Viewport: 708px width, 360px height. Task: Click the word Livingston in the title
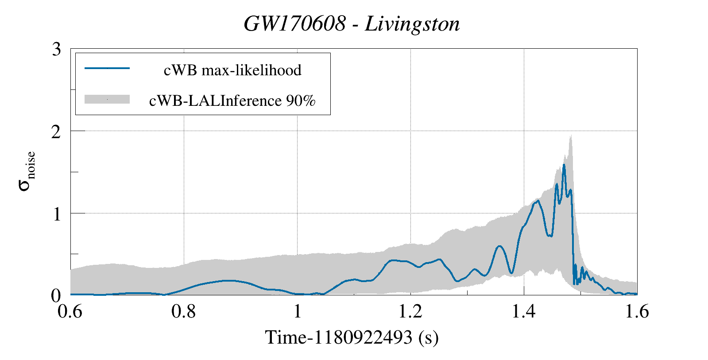(x=412, y=24)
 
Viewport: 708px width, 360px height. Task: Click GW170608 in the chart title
(x=294, y=24)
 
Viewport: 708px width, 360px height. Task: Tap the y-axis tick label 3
(x=56, y=49)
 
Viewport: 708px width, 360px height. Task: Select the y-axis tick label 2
(x=56, y=131)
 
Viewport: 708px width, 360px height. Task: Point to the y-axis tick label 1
(x=56, y=214)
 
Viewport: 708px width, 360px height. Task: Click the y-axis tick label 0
(x=56, y=295)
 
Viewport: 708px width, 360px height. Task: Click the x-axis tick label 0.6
(x=70, y=312)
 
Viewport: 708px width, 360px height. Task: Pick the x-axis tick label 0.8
(x=184, y=312)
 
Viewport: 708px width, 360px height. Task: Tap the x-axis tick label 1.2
(x=410, y=312)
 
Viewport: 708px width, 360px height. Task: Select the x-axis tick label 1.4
(x=524, y=312)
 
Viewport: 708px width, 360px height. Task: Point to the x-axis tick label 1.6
(x=636, y=312)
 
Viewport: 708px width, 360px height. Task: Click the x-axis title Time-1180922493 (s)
(x=352, y=337)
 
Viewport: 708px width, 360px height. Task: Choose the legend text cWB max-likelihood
(x=232, y=70)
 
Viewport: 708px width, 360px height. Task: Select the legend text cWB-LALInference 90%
(x=232, y=101)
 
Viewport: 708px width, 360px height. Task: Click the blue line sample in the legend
(x=107, y=68)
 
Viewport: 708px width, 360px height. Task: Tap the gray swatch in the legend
(x=107, y=99)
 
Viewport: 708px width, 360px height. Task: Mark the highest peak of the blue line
(x=564, y=165)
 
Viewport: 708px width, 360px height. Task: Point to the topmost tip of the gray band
(x=571, y=135)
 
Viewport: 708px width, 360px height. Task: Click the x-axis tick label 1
(x=297, y=312)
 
